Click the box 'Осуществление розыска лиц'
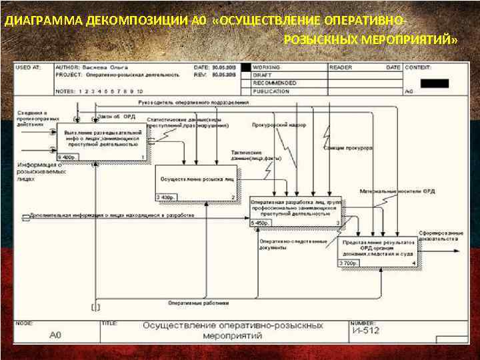[x=196, y=180]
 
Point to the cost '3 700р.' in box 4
[x=348, y=263]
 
